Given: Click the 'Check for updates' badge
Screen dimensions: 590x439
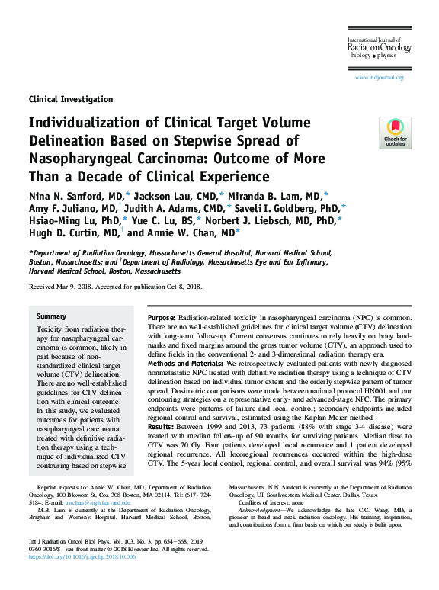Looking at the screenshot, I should tap(395, 133).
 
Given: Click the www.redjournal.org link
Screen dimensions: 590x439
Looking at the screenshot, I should tap(380, 77).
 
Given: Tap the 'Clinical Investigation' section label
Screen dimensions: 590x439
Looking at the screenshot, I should tap(70, 99).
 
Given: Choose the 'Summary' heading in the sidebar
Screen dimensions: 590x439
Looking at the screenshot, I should tap(52, 316).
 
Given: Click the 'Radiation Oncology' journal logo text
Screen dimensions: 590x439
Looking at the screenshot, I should tap(380, 47).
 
